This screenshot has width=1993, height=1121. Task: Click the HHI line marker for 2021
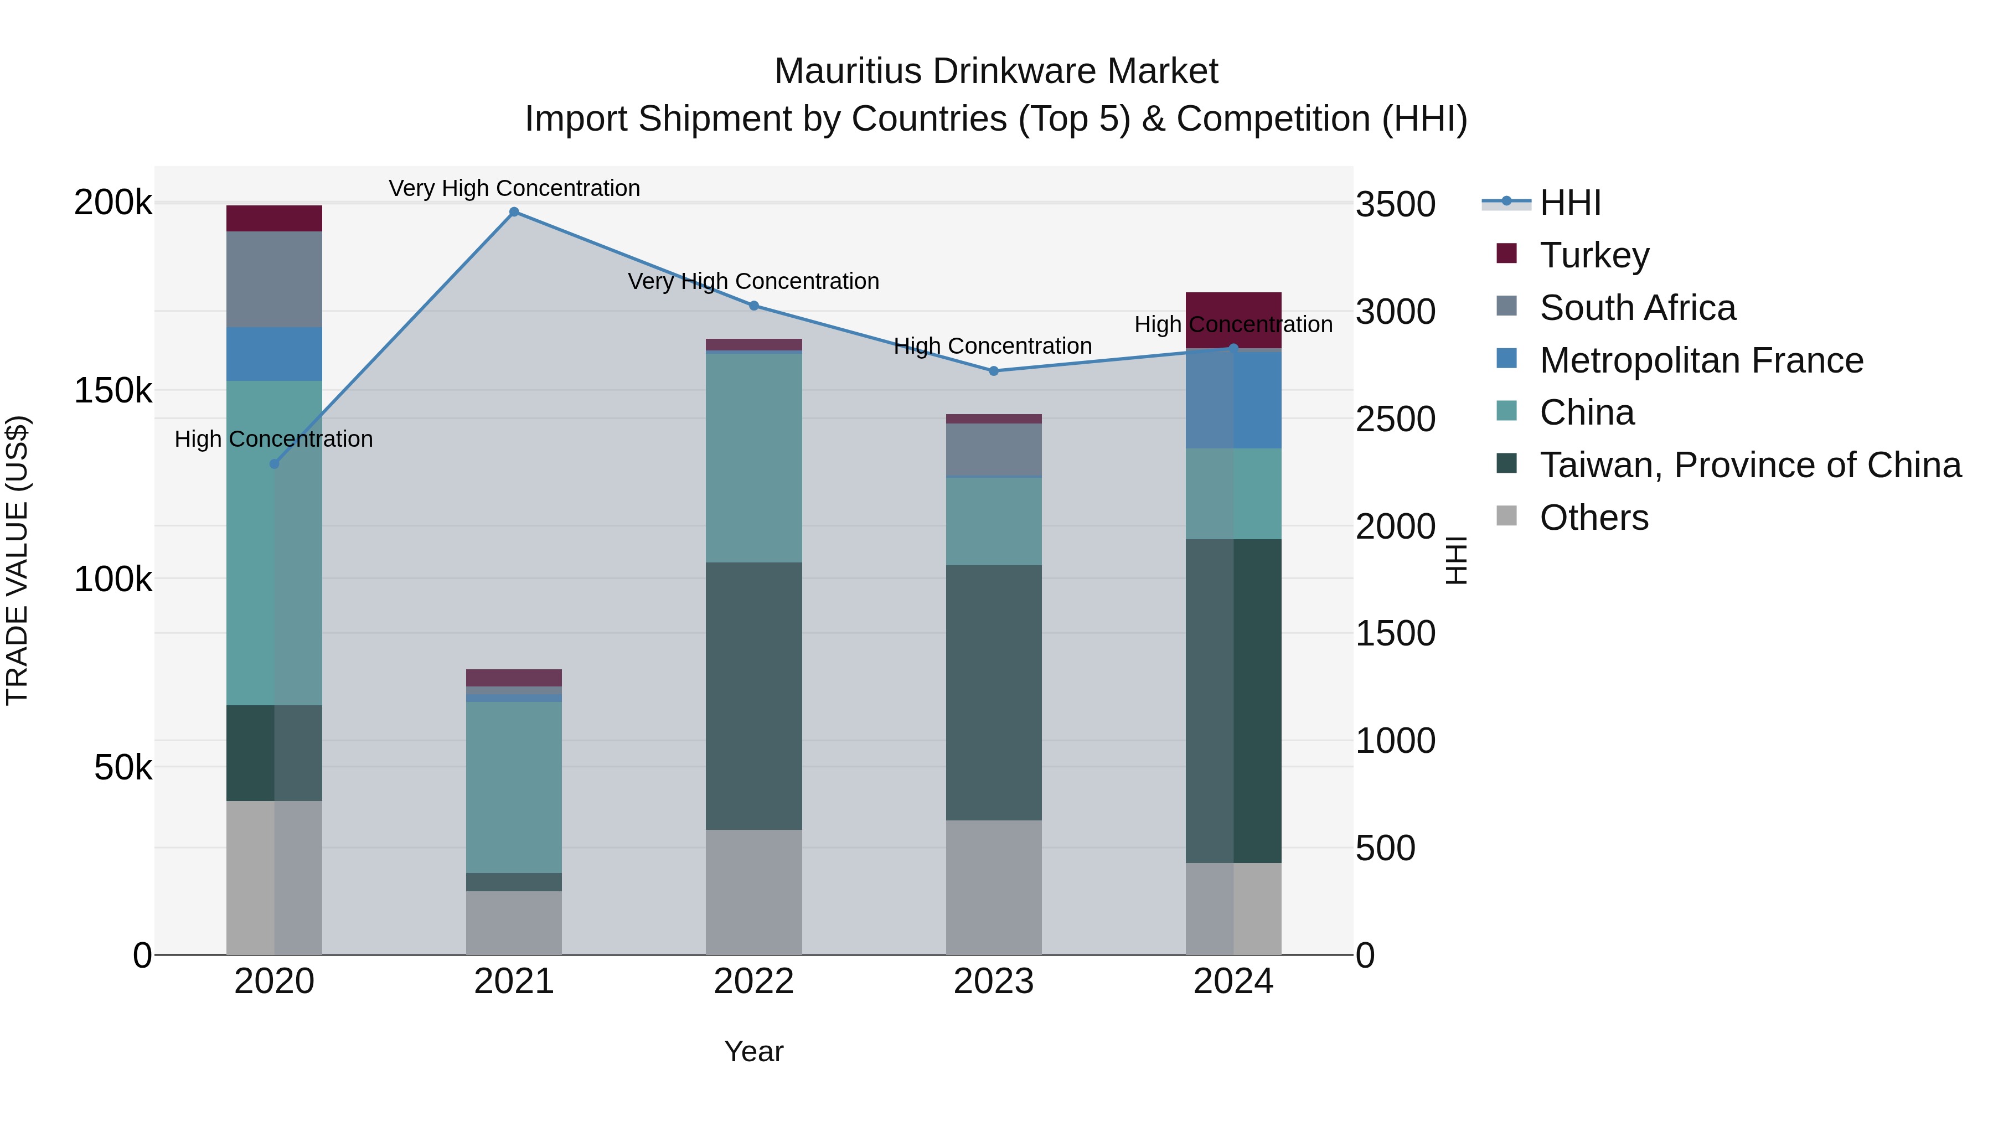(x=514, y=212)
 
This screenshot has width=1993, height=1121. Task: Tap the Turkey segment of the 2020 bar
(x=274, y=218)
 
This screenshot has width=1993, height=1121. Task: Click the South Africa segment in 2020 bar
(x=274, y=280)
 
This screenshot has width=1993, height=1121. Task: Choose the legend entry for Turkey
(x=1594, y=255)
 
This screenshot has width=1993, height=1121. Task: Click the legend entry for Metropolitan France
(x=1701, y=360)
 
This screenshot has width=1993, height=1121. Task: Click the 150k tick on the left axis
(x=113, y=391)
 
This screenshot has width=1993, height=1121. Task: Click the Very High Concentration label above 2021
(x=514, y=188)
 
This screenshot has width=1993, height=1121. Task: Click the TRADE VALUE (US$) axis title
(x=17, y=560)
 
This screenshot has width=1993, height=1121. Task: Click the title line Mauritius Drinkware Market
(x=996, y=71)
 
